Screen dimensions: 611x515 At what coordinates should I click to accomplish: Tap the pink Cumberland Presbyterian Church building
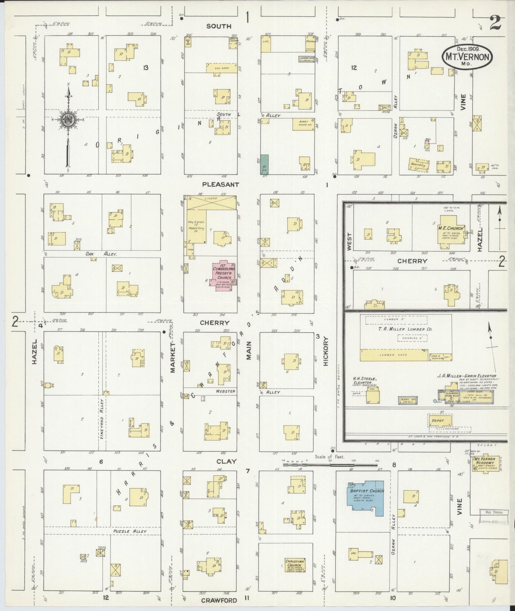tap(223, 274)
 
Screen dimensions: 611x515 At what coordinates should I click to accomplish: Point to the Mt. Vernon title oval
tap(467, 57)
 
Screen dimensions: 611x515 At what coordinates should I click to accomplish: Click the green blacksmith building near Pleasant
tap(264, 165)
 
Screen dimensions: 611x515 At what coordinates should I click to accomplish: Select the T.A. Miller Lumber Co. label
tap(405, 329)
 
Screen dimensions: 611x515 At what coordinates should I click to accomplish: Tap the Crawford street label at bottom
tap(219, 600)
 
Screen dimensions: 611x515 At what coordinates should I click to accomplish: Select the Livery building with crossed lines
tap(212, 203)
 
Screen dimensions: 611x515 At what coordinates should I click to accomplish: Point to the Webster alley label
tap(225, 391)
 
